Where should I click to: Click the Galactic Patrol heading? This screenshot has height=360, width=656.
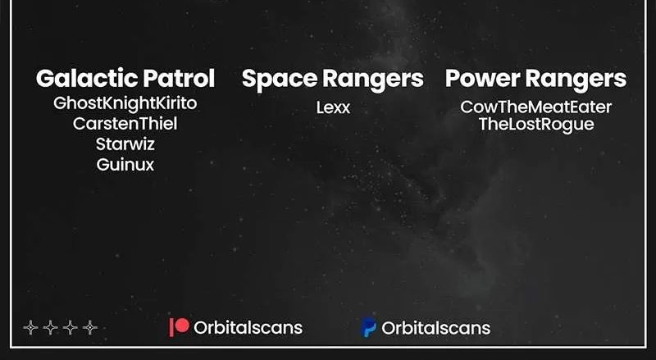coord(125,78)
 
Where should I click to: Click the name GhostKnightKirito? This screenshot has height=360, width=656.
coord(125,104)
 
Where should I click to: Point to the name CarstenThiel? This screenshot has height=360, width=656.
coord(125,124)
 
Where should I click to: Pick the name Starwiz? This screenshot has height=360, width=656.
coord(125,144)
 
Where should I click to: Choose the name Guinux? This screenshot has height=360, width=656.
coord(125,165)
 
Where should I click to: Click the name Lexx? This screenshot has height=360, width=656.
coord(333,107)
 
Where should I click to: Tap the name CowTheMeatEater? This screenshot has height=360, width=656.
coord(536,107)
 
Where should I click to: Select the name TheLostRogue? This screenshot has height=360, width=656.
coord(536,125)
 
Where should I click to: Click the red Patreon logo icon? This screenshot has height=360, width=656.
coord(179,327)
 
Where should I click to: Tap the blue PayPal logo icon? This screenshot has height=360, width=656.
coord(368,327)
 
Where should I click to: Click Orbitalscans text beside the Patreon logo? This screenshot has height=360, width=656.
coord(248,328)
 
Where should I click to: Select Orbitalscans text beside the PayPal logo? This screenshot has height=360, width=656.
coord(436,328)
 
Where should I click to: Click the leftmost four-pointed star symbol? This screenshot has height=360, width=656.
coord(30,327)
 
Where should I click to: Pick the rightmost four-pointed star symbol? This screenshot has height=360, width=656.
coord(90,327)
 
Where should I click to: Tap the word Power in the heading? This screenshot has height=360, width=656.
coord(482,78)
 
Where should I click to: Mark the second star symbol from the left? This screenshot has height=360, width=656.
coord(50,327)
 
